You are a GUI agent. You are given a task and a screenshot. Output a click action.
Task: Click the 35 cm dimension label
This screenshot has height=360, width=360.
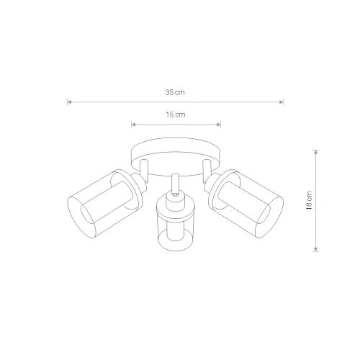pos(175,92)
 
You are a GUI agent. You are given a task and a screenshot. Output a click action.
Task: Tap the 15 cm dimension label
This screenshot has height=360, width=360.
pos(176,114)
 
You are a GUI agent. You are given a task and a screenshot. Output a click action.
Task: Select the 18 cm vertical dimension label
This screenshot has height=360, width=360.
pos(310,201)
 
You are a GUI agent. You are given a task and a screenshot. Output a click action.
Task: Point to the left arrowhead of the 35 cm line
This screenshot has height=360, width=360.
pos(69,102)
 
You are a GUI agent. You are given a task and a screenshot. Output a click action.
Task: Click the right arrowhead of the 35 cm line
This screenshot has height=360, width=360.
pos(282,102)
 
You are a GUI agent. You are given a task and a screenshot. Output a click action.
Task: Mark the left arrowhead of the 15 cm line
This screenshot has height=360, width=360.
pos(134,125)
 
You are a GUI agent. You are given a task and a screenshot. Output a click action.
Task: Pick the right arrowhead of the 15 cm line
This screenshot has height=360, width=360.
pos(219,125)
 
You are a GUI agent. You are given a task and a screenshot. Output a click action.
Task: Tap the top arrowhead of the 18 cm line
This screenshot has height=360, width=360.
pos(316,152)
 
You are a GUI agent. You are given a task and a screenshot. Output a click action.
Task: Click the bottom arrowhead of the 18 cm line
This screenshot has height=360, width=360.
pos(316,249)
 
